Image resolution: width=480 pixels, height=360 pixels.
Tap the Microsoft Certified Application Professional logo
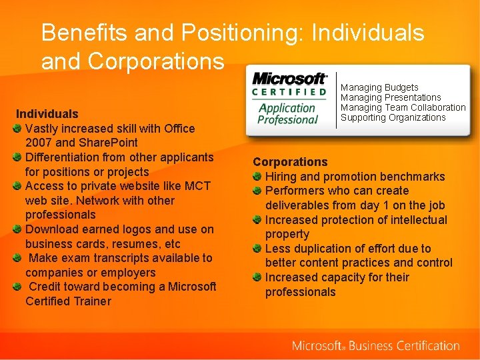point(289,99)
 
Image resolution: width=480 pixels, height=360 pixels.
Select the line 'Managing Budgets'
point(379,87)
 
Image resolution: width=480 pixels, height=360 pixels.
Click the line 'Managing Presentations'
point(391,97)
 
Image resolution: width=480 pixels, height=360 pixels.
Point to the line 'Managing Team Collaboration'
point(403,107)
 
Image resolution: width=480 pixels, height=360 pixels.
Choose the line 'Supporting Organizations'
point(393,117)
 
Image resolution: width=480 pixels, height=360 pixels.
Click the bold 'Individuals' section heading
point(47,114)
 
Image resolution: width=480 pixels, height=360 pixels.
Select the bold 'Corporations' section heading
point(290,162)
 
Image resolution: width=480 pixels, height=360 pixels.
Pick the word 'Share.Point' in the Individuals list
point(108,143)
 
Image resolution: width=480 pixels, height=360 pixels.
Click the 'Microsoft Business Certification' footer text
point(375,346)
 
